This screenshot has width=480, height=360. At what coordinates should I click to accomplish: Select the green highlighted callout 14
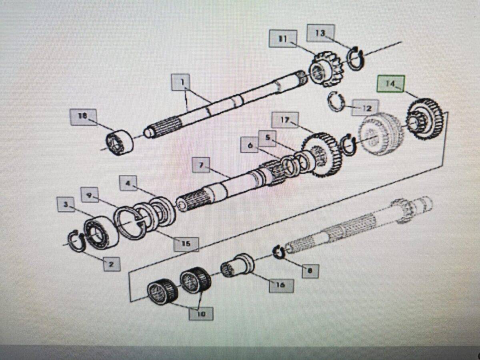(390, 84)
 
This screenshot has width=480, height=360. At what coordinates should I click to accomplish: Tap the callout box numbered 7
(201, 165)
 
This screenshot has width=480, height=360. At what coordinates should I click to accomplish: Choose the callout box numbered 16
(281, 284)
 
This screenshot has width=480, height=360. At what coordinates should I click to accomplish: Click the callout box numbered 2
(112, 264)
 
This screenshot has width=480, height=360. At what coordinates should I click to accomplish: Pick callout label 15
(186, 243)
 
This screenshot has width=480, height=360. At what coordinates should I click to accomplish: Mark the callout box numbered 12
(365, 108)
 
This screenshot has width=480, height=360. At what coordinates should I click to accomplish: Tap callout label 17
(284, 120)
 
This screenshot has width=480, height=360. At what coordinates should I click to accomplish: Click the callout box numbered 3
(66, 205)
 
